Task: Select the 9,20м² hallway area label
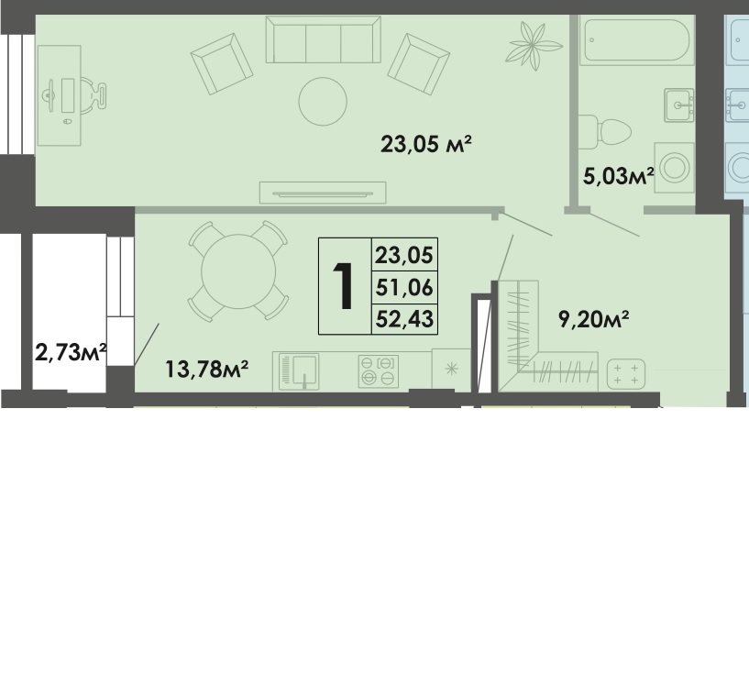pos(593,319)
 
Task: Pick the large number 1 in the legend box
pos(344,285)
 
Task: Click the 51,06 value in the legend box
pos(403,287)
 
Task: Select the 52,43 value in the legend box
pos(403,318)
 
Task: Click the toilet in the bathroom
pos(607,130)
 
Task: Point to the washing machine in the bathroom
pos(674,168)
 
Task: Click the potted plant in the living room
pos(536,41)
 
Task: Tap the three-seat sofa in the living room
pos(322,39)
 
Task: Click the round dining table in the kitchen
pos(237,270)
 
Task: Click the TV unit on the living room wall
pos(322,193)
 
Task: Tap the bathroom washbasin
pos(678,105)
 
